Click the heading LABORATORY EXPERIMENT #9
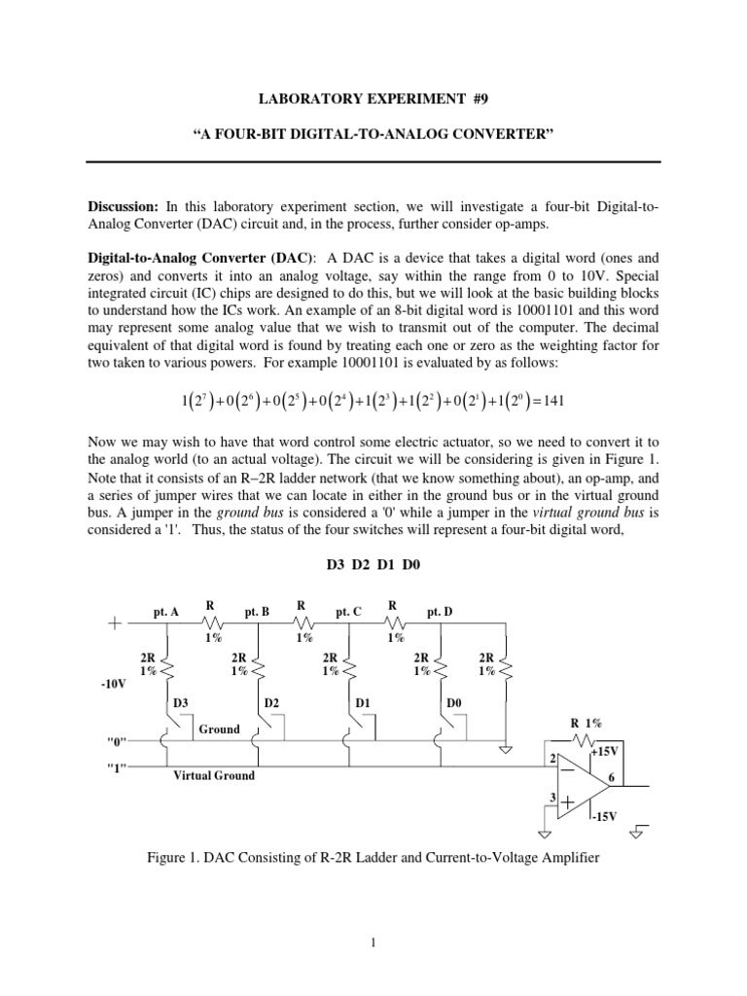coord(374,99)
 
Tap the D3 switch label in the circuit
coord(182,702)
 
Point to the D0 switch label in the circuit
coord(455,702)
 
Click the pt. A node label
coord(166,612)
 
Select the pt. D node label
coord(441,612)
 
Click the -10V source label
coord(114,684)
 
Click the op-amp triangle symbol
coord(578,784)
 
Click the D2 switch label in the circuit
coord(273,702)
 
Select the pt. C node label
coord(348,612)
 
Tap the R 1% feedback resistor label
coord(587,723)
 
